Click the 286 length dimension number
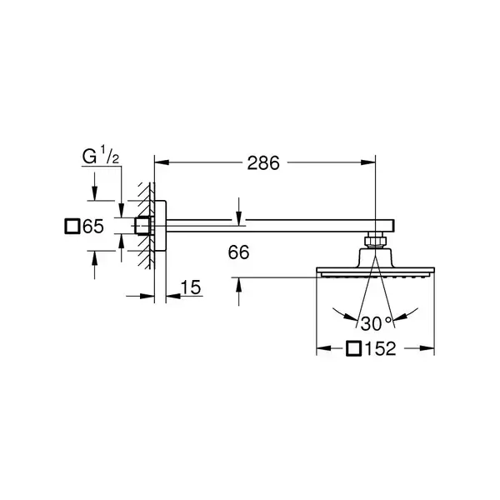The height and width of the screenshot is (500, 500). (263, 163)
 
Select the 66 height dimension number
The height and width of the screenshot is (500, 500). (238, 252)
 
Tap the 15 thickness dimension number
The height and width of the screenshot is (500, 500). (191, 287)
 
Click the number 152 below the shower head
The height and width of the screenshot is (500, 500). (380, 348)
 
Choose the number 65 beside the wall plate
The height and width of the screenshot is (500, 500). (93, 227)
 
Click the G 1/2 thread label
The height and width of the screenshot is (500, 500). (101, 155)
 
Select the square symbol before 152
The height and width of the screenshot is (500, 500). (353, 348)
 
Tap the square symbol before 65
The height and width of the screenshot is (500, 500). (72, 227)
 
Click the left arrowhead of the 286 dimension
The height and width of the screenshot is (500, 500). (162, 162)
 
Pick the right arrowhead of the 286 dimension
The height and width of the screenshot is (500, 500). (368, 162)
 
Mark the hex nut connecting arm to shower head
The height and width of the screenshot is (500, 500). (376, 239)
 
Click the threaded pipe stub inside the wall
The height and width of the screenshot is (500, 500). (142, 226)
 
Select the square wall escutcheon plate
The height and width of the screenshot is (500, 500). (160, 226)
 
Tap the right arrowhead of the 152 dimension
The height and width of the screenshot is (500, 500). (427, 348)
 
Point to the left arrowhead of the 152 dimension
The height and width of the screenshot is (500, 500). (323, 348)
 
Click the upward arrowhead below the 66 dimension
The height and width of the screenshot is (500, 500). (239, 285)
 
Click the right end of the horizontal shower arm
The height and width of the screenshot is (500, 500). (394, 226)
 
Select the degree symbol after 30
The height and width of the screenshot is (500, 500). (388, 319)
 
